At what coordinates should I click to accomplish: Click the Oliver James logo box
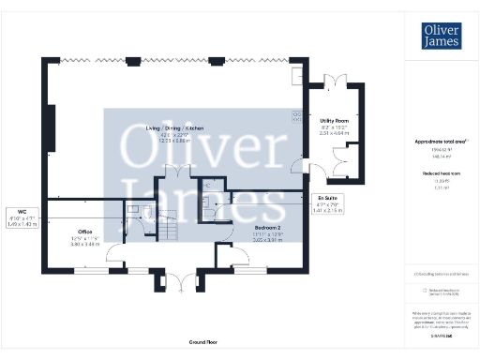[x=441, y=35]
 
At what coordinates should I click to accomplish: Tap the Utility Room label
[x=334, y=121]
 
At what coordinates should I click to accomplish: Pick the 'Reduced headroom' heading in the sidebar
[x=441, y=174]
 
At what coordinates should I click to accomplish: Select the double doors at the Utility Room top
[x=335, y=82]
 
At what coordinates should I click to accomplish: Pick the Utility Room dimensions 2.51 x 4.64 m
[x=334, y=134]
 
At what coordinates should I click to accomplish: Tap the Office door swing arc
[x=114, y=251]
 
